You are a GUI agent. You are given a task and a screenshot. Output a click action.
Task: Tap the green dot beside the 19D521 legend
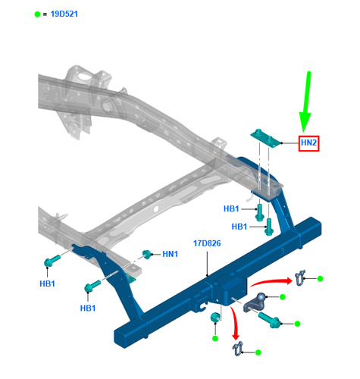click(x=37, y=14)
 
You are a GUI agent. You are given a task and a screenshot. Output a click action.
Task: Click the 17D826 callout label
click(x=206, y=244)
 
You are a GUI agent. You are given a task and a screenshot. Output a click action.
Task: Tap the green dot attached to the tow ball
click(x=282, y=298)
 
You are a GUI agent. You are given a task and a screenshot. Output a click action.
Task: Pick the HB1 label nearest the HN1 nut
click(x=88, y=309)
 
